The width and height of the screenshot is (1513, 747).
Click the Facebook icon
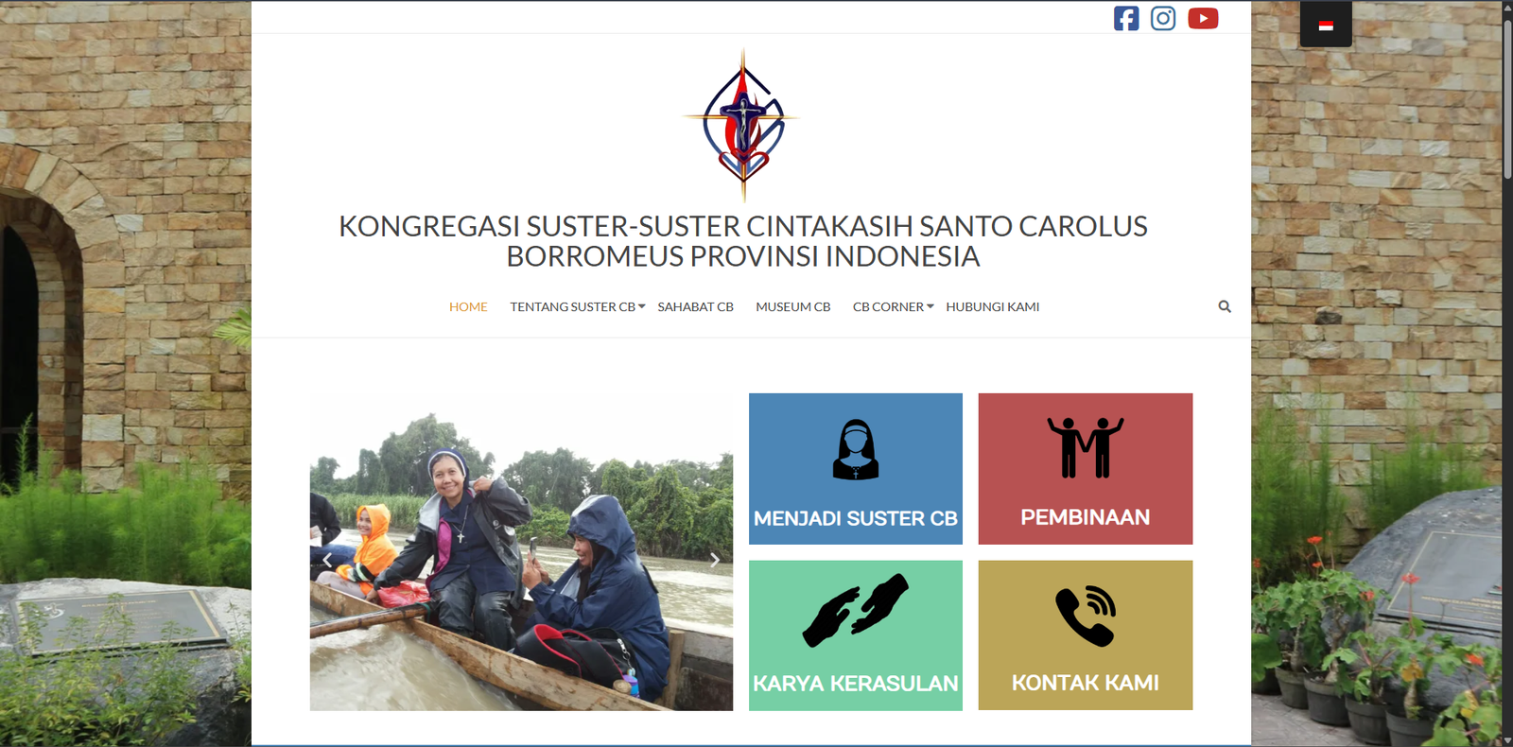tap(1126, 18)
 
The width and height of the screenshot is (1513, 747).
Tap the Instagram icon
tap(1163, 18)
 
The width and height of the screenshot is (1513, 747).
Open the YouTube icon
tap(1203, 18)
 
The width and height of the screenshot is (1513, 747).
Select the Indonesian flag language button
tap(1326, 26)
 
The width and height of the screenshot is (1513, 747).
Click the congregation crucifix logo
tap(743, 125)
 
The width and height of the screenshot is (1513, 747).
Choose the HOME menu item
tap(468, 306)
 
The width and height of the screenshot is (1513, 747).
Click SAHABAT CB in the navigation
tap(696, 306)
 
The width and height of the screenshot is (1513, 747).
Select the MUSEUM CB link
tap(793, 306)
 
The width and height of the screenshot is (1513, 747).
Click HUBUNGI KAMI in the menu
tap(992, 306)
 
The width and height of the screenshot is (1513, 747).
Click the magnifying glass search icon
tap(1225, 306)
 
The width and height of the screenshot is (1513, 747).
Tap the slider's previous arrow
tap(327, 560)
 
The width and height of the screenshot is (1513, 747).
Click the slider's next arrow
tap(715, 560)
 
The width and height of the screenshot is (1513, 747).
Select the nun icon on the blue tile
tap(855, 450)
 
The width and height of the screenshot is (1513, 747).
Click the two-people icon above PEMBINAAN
tap(1086, 447)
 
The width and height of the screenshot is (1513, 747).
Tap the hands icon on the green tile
tap(855, 611)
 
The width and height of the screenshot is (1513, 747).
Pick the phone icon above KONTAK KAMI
tap(1086, 616)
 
